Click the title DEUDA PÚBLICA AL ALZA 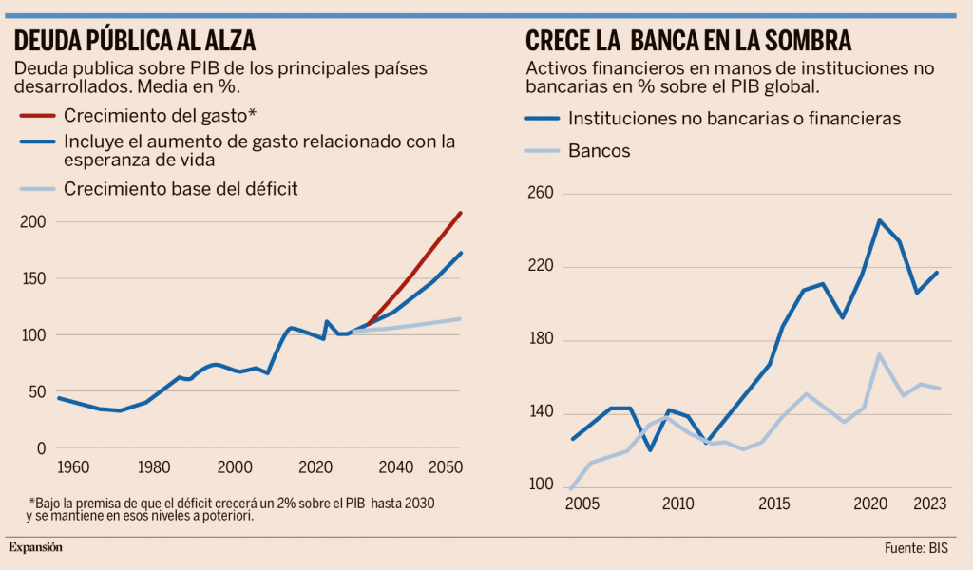(134, 42)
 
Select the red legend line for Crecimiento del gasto (37, 116)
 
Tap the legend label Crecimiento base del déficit (181, 189)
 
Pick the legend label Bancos (599, 151)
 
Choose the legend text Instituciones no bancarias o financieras (734, 120)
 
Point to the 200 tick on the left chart (31, 221)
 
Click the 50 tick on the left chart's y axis (35, 391)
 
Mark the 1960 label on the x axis (73, 467)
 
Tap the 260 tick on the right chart (540, 194)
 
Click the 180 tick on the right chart (540, 340)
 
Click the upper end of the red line (461, 212)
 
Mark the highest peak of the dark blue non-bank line (880, 220)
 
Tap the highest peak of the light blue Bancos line (880, 354)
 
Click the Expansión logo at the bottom (35, 547)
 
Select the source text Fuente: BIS (916, 548)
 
